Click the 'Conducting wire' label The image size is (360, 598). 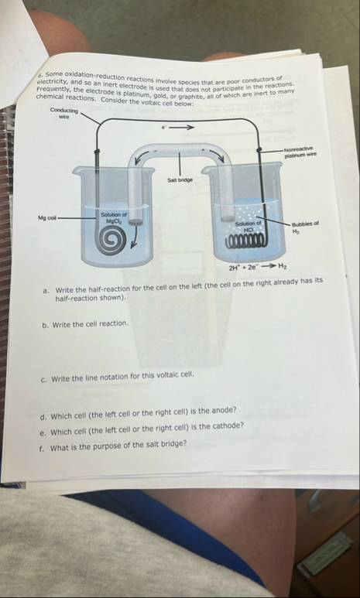[x=63, y=114]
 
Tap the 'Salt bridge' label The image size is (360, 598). [x=180, y=179]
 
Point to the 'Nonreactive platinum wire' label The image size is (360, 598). [x=300, y=152]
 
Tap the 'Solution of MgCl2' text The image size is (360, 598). [x=113, y=217]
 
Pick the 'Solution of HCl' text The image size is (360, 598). [x=249, y=226]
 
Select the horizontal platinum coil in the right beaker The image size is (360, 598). [x=245, y=241]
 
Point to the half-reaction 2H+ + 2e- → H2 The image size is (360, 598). [x=258, y=267]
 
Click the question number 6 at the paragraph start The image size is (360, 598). [x=41, y=75]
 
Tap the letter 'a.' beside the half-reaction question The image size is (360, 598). [x=46, y=291]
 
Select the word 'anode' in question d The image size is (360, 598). [x=225, y=411]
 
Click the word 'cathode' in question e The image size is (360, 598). [x=229, y=425]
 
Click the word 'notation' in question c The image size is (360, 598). [x=113, y=377]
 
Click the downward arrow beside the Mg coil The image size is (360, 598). [x=134, y=237]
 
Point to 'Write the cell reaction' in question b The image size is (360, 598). [x=90, y=324]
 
